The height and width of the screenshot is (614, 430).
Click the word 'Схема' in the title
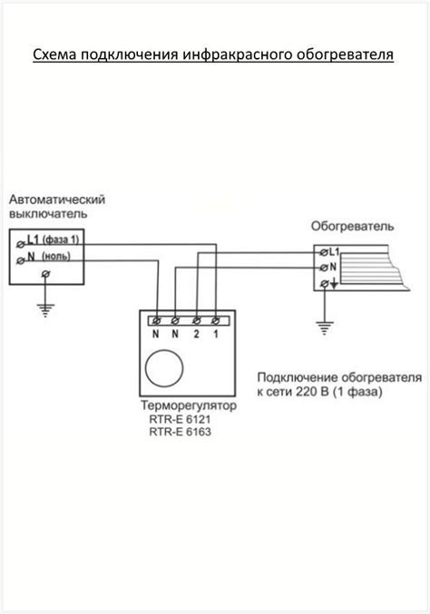[x=54, y=56]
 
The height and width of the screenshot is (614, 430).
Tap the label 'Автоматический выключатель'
[x=57, y=206]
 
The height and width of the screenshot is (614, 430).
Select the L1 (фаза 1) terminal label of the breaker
[x=54, y=239]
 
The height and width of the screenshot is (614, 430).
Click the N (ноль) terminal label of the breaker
[x=54, y=259]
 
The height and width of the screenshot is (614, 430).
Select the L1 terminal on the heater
[x=332, y=250]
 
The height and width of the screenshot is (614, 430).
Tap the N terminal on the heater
[x=332, y=267]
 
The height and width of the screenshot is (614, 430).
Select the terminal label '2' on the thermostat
[x=197, y=336]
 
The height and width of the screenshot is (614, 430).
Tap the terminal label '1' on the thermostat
[x=216, y=336]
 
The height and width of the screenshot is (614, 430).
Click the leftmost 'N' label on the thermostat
[x=156, y=336]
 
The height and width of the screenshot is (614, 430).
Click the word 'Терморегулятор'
[x=188, y=406]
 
